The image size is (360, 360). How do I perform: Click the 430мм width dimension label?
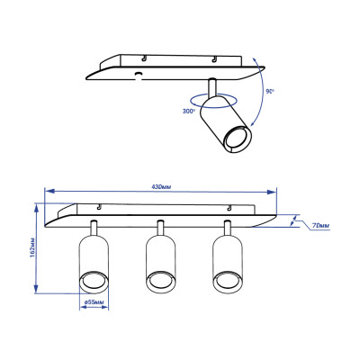click(x=161, y=186)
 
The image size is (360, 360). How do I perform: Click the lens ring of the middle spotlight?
click(x=159, y=283)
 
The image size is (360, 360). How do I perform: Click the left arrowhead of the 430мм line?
click(x=49, y=192)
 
